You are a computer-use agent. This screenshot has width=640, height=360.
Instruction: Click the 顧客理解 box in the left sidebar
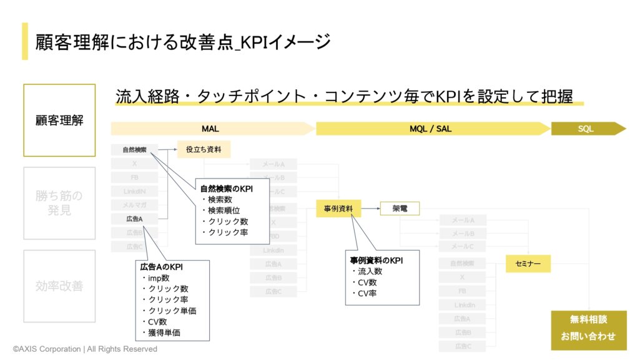point(59,120)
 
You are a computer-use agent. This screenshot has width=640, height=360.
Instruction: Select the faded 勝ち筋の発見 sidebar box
point(59,203)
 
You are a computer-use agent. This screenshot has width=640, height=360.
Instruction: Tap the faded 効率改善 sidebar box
point(59,286)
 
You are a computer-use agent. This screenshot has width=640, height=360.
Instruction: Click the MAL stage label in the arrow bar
point(210,129)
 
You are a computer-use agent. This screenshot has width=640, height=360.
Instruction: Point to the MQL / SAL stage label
point(430,129)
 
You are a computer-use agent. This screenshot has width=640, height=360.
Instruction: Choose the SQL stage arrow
point(586,129)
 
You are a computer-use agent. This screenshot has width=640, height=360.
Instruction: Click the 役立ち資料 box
point(204,150)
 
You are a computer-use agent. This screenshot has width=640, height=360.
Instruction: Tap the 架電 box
point(400,208)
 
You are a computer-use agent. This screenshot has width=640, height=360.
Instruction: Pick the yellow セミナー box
point(528,264)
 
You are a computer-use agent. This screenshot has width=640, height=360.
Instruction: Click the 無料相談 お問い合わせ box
point(588,328)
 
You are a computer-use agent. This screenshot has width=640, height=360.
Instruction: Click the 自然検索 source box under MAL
point(134,150)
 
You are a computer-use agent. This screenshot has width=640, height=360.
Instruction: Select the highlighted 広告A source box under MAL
point(134,219)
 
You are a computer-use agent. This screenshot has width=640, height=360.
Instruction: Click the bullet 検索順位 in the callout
point(225,210)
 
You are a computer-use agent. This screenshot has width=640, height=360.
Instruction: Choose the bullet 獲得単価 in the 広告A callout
point(164,333)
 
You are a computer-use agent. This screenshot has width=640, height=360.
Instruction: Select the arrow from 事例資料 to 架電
point(370,208)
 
